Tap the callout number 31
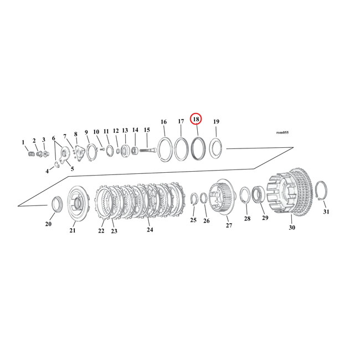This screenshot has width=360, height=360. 326,212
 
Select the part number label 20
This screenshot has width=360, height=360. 48,224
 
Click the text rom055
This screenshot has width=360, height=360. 282,133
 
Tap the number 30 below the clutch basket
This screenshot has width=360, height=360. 291,227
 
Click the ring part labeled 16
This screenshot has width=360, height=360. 164,149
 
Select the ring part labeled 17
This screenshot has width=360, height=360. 181,148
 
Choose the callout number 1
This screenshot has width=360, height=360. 23,142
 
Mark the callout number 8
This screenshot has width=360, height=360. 75,134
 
